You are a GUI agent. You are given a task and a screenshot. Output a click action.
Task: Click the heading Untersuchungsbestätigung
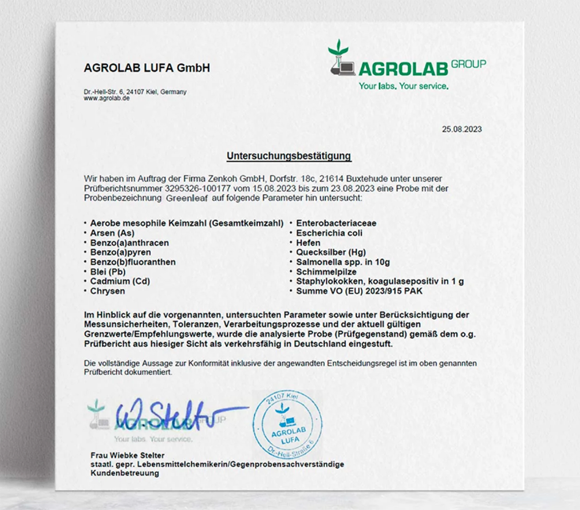pyautogui.click(x=289, y=156)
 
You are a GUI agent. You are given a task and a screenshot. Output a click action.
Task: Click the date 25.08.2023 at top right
pyautogui.click(x=461, y=129)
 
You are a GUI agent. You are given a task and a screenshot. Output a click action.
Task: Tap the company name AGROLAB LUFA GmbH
pyautogui.click(x=147, y=68)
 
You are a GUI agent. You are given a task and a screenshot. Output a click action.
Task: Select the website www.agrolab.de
pyautogui.click(x=107, y=98)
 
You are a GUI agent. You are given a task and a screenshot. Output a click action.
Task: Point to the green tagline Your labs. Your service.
pyautogui.click(x=403, y=86)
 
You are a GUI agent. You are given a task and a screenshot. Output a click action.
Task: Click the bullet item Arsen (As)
pyautogui.click(x=112, y=233)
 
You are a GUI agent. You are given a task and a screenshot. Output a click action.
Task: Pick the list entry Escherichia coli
pyautogui.click(x=329, y=233)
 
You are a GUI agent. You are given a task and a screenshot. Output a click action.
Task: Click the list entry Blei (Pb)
pyautogui.click(x=108, y=272)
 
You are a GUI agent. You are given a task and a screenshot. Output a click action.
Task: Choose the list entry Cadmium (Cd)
pyautogui.click(x=120, y=281)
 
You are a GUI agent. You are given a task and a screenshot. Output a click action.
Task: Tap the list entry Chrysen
pyautogui.click(x=107, y=291)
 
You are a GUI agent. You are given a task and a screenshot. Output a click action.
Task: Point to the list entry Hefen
pyautogui.click(x=308, y=243)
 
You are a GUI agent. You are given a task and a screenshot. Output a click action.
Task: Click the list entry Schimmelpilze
pyautogui.click(x=326, y=272)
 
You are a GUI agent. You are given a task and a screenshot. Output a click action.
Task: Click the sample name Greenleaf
pyautogui.click(x=186, y=198)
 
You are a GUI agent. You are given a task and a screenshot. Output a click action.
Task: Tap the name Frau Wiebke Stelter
pyautogui.click(x=127, y=455)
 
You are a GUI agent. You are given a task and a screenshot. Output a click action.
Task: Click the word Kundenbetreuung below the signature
pyautogui.click(x=125, y=473)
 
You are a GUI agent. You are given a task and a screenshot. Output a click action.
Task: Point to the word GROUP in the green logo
pyautogui.click(x=468, y=64)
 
